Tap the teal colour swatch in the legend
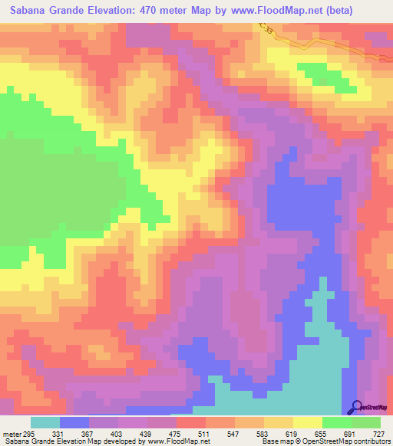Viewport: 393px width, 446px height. (45, 423)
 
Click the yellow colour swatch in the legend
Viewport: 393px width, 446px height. (308, 423)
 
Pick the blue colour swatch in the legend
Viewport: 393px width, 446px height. (74, 423)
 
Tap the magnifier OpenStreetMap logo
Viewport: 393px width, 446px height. (357, 407)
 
